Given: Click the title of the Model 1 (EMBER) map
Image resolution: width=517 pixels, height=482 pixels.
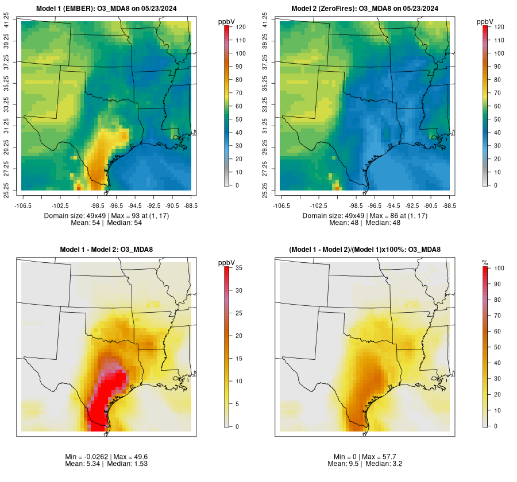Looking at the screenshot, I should (x=106, y=9).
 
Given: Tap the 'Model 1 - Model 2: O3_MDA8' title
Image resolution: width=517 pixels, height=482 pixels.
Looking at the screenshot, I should (x=106, y=250).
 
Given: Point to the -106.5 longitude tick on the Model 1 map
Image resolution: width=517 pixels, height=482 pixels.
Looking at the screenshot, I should (x=22, y=205).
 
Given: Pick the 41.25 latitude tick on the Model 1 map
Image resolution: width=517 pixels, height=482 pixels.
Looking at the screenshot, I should (x=7, y=22).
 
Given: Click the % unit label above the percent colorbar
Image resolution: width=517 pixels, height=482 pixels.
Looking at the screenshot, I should (x=485, y=262).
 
